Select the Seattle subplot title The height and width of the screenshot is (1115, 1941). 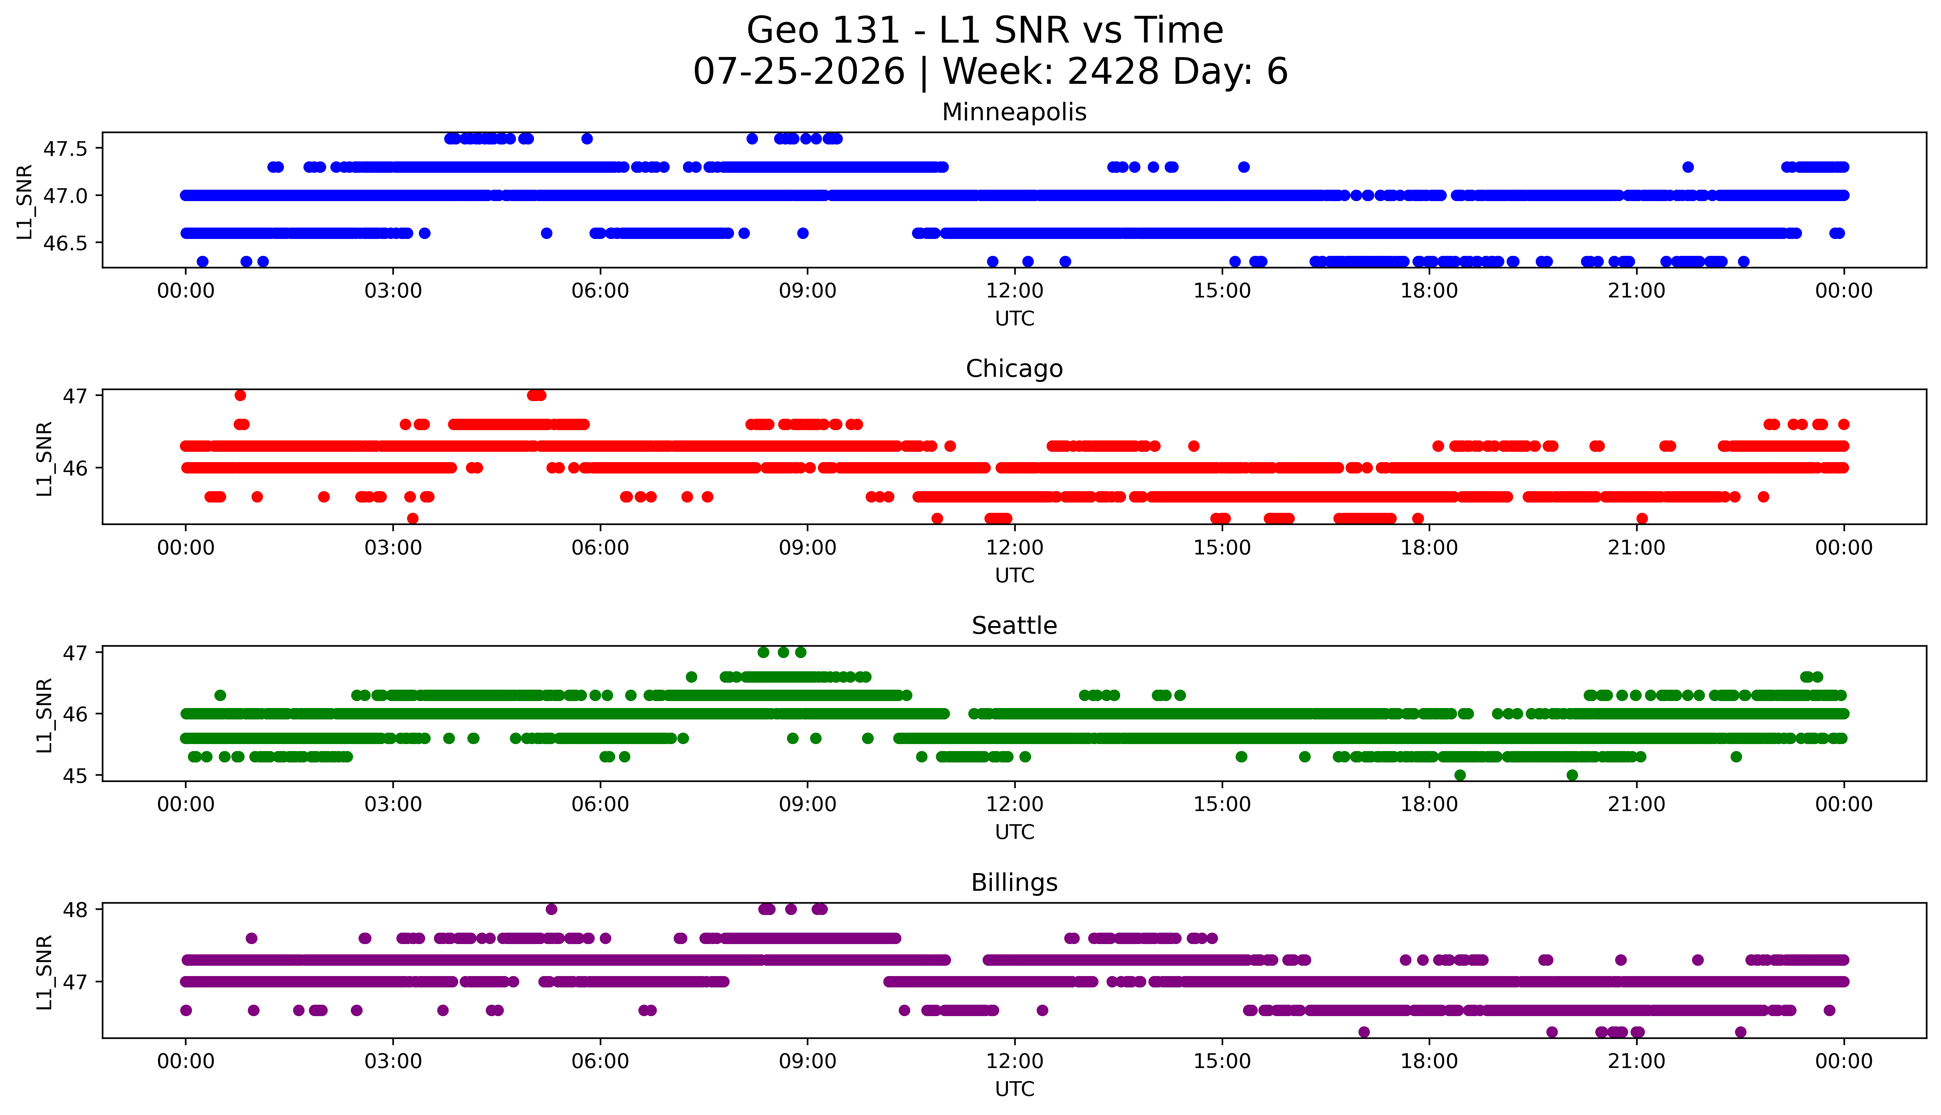pyautogui.click(x=1014, y=626)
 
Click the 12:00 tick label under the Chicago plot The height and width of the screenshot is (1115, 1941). pyautogui.click(x=1015, y=547)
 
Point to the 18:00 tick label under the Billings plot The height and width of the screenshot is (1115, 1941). pyautogui.click(x=1429, y=1061)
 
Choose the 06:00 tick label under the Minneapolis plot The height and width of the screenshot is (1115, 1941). pyautogui.click(x=601, y=291)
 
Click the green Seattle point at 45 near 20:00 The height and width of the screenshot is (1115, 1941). pyautogui.click(x=1573, y=775)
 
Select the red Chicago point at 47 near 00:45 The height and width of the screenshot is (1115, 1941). pyautogui.click(x=241, y=395)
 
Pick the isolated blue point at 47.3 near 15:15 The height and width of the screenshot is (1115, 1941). pyautogui.click(x=1244, y=167)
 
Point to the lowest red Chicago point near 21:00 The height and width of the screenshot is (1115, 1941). pyautogui.click(x=1642, y=518)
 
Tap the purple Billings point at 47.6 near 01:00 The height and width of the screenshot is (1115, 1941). pyautogui.click(x=251, y=938)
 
